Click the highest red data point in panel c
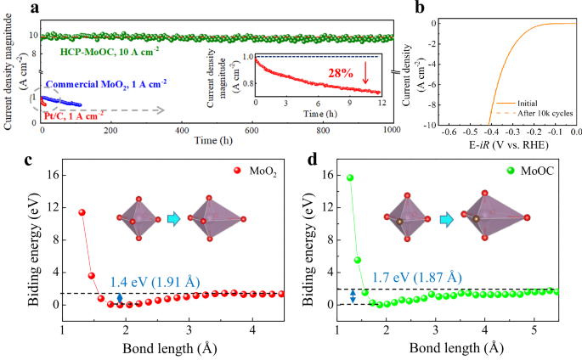82,212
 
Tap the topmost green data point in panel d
349,177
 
